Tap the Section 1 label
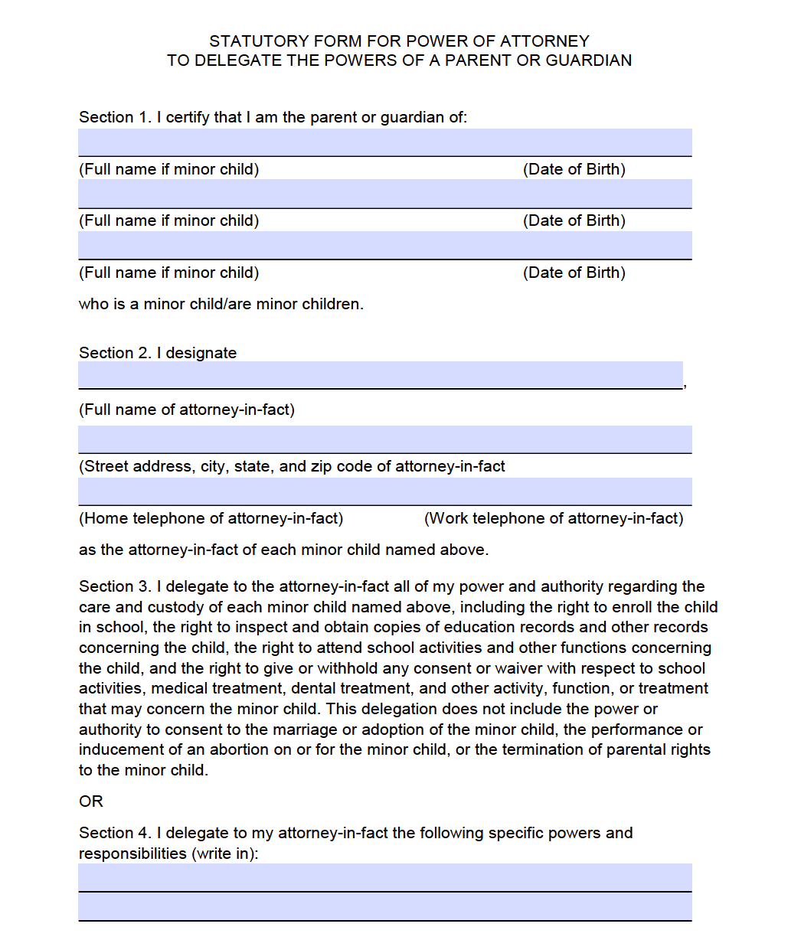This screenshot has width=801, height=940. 115,117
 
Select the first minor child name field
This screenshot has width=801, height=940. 384,142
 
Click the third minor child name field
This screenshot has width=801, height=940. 384,246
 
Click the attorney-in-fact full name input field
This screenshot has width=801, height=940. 380,375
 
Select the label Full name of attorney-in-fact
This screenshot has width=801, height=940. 186,410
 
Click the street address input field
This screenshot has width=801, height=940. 384,439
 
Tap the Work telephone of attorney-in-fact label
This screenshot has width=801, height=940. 554,518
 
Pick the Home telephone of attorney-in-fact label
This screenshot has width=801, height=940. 211,518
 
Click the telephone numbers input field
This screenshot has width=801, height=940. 384,491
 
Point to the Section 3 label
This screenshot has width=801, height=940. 115,586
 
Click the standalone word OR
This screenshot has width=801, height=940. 90,801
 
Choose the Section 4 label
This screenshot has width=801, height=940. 115,833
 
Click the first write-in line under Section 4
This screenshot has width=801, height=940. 384,877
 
